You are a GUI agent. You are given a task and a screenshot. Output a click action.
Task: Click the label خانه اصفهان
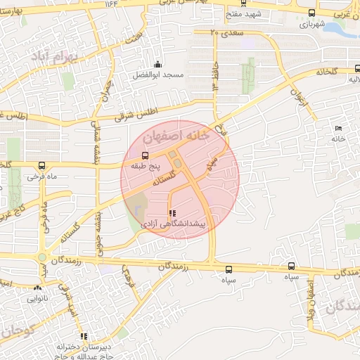coord(175,134)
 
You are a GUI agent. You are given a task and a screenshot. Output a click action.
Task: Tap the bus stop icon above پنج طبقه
coord(146,156)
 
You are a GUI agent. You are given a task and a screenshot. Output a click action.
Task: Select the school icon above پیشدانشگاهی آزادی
coord(173,213)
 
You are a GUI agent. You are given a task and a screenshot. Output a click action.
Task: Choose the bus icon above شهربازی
coord(312,13)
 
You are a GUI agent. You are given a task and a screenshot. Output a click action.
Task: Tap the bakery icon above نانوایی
coord(37,288)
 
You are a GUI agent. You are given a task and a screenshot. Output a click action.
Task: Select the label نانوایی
coord(37,298)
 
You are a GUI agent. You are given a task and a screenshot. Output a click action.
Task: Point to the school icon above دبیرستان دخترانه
coord(84,336)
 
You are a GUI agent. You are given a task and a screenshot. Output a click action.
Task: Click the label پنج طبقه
coord(146,167)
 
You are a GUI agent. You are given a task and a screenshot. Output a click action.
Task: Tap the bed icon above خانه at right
coord(339,128)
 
